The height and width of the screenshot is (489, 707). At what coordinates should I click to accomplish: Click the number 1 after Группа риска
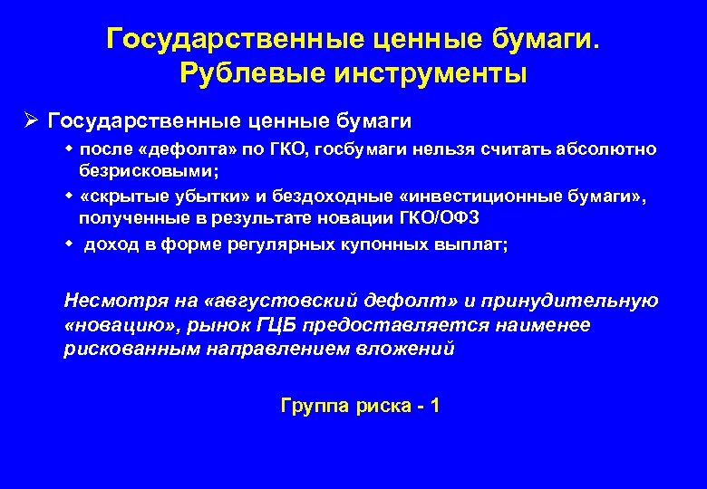click(x=435, y=406)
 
